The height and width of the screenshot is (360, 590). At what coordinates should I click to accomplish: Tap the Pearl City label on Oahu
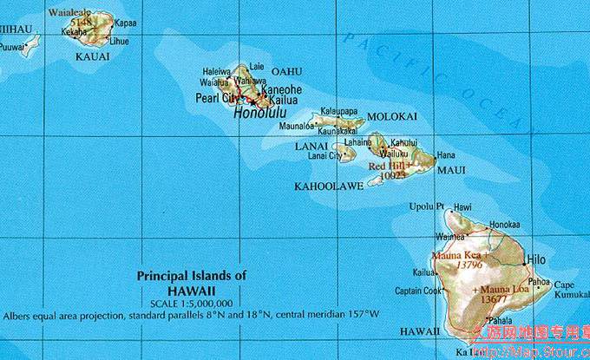point(217,99)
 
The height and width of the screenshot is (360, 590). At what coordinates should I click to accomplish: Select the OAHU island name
point(286,71)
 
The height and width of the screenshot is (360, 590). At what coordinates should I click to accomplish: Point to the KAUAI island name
point(93,56)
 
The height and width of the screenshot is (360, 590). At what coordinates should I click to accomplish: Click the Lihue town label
point(118,41)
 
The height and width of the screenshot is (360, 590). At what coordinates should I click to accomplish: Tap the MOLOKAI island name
point(392,116)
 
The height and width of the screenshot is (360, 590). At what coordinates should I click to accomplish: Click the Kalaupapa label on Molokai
point(338,112)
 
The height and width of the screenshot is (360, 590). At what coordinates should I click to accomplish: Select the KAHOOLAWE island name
point(329,186)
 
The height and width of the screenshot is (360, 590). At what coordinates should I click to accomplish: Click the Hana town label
point(446,154)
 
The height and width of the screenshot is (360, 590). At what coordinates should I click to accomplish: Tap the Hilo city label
point(536,259)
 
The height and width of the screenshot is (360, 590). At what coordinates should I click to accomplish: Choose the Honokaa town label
point(504,224)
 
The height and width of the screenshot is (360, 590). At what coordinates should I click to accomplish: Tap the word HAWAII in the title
point(192,290)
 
